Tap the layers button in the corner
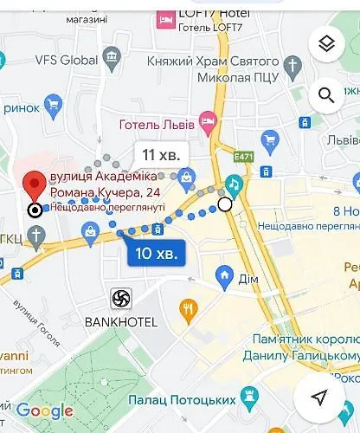coord(325,43)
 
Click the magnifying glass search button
coord(325,94)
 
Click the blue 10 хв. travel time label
coord(157,254)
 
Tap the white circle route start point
coord(225,204)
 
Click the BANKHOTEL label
coord(121,322)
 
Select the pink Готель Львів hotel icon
coord(206,120)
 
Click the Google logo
coord(44,410)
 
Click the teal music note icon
coord(235,184)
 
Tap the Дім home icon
coord(225,278)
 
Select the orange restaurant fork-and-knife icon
coord(188,307)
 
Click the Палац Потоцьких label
coord(182,400)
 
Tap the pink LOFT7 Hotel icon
coord(165,16)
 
